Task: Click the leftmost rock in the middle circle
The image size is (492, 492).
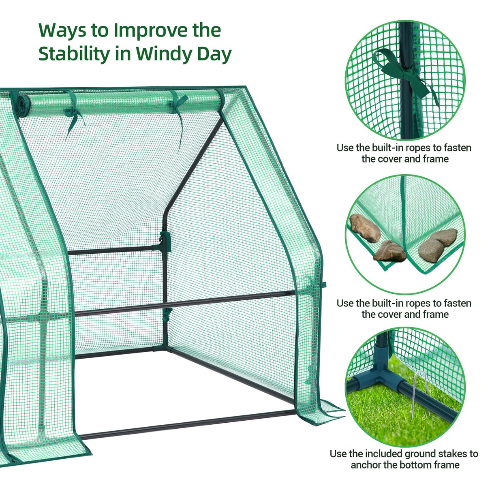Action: pos(364,228)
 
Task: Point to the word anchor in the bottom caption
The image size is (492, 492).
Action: pos(366,465)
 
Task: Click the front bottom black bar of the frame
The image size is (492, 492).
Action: pos(186,424)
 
